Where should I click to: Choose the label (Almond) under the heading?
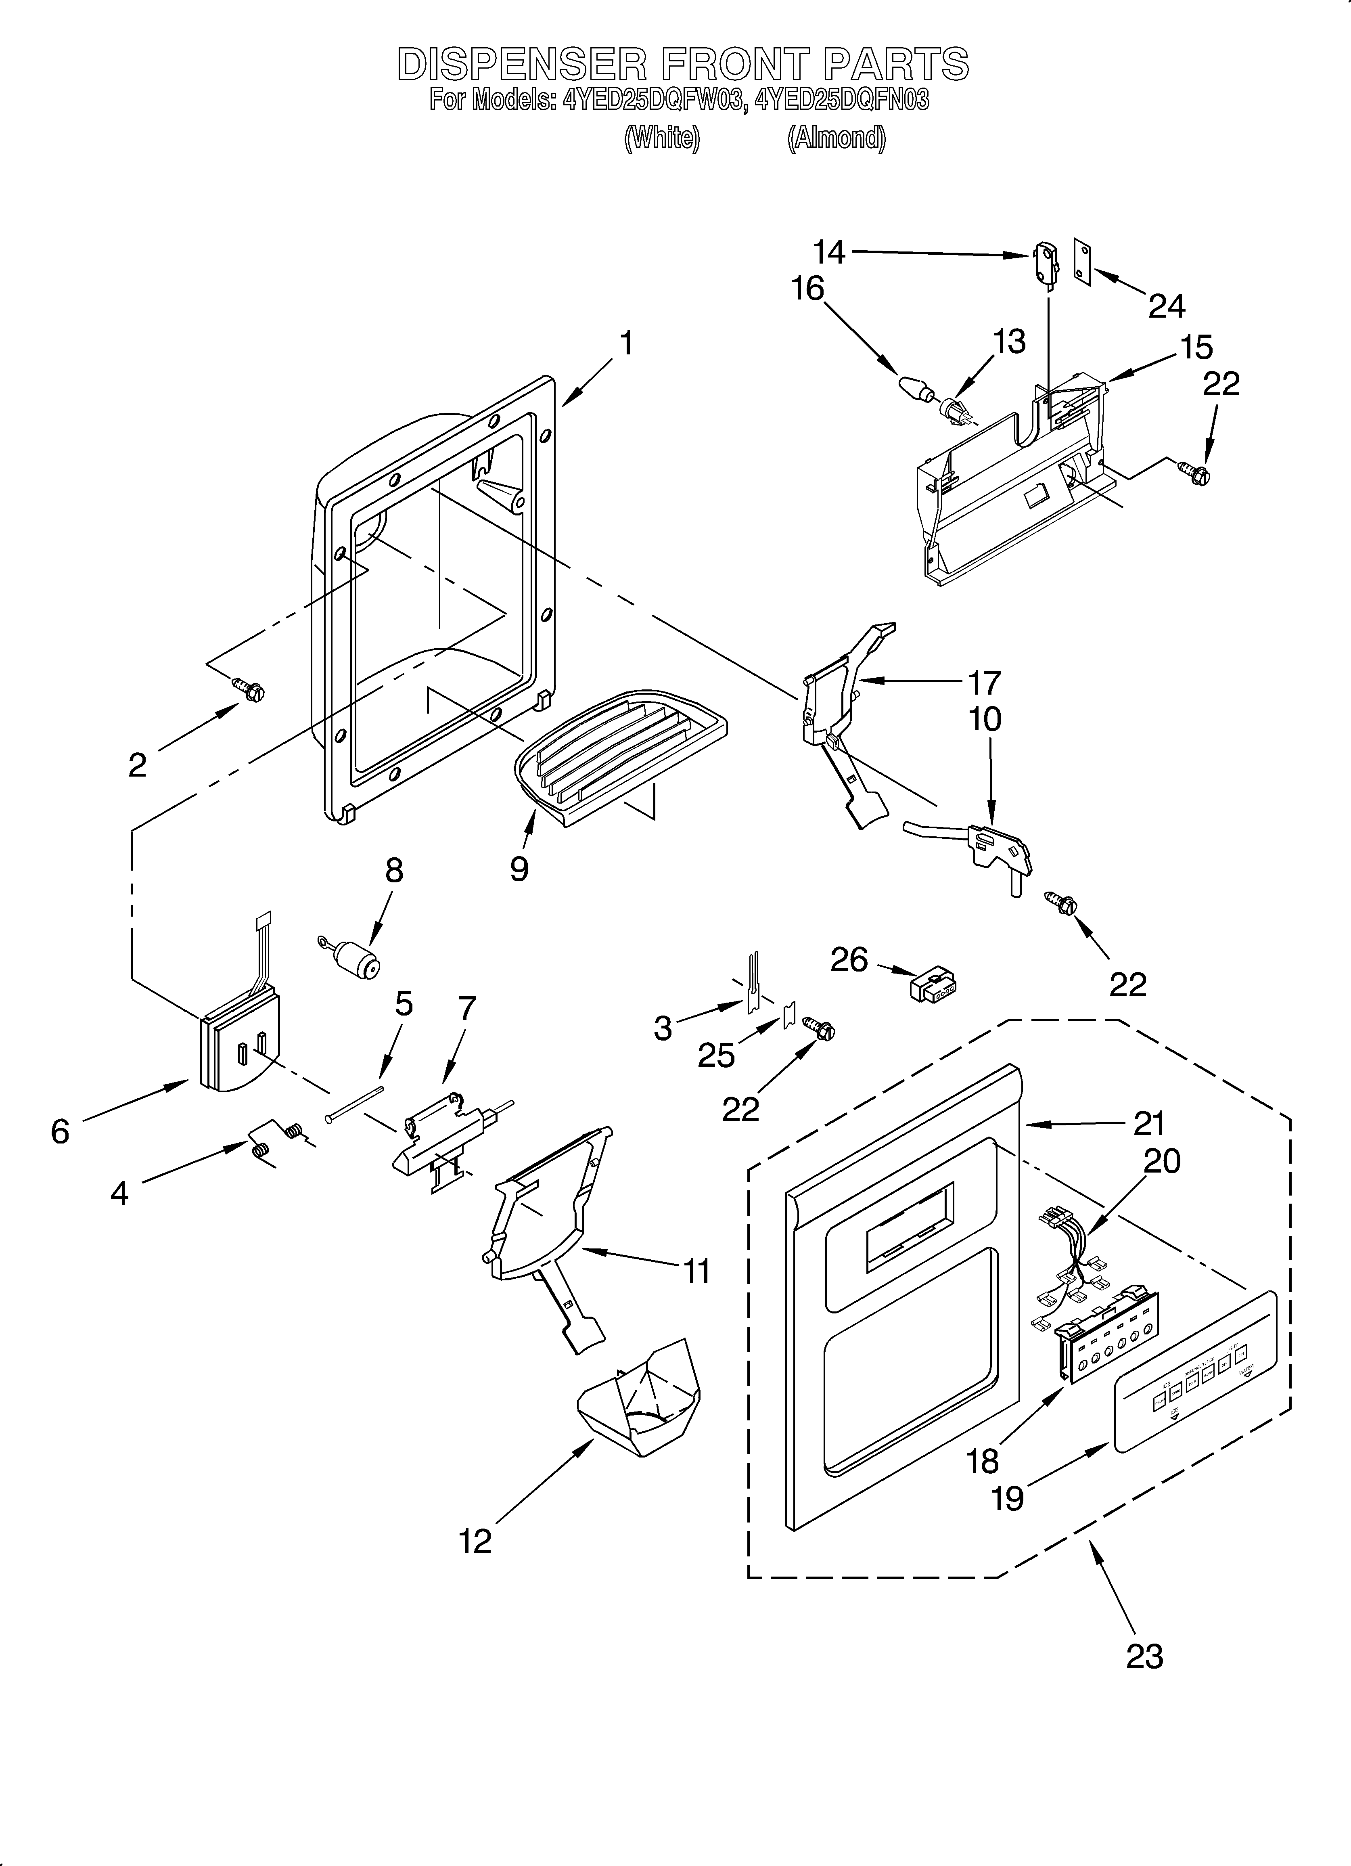pos(836,138)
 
